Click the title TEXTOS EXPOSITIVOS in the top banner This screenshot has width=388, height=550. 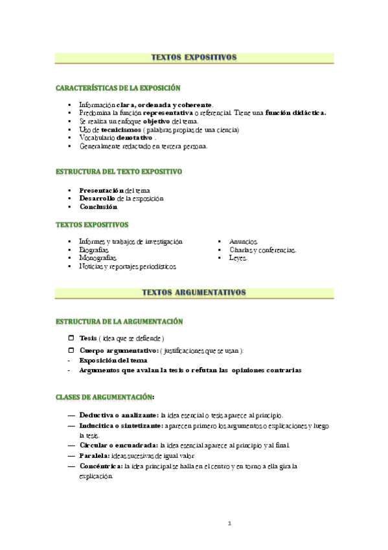coord(194,57)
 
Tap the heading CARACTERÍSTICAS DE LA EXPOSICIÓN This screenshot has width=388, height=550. coord(118,88)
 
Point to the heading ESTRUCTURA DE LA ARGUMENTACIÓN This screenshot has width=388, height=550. coord(119,322)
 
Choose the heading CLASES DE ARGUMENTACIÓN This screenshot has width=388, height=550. coord(105,396)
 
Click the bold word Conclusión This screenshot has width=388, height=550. coord(98,207)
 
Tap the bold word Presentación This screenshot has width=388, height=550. coord(101,190)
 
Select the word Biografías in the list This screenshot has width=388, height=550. coord(94,249)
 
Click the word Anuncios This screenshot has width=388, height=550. coord(244,241)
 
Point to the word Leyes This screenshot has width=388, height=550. coord(238,257)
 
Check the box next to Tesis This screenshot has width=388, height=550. coord(71,339)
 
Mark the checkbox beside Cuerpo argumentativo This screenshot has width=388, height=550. coord(71,350)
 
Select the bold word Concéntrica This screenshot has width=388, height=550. coord(102,466)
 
